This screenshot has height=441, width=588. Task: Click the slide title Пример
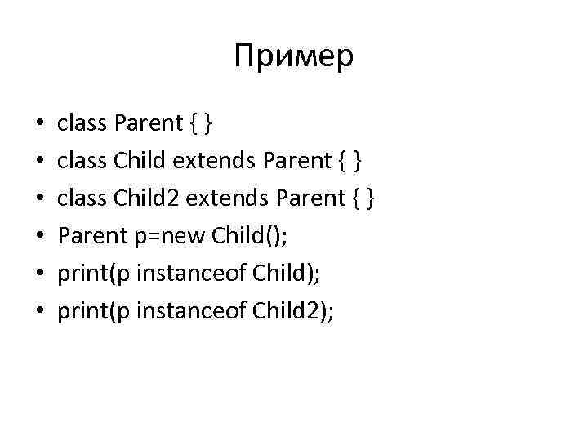tap(293, 56)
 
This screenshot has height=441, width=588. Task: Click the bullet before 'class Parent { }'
tap(39, 124)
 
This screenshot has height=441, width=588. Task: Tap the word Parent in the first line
tap(149, 123)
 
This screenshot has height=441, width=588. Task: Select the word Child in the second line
tap(139, 161)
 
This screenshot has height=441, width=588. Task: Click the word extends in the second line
tap(212, 161)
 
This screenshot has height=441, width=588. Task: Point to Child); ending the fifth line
tap(287, 274)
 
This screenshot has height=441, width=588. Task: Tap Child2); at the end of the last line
tap(293, 311)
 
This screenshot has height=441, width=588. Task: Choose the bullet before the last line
tap(39, 312)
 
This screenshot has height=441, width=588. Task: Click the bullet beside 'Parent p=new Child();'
tap(39, 237)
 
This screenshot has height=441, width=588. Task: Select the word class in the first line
tap(82, 123)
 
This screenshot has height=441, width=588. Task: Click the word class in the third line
tap(82, 198)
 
